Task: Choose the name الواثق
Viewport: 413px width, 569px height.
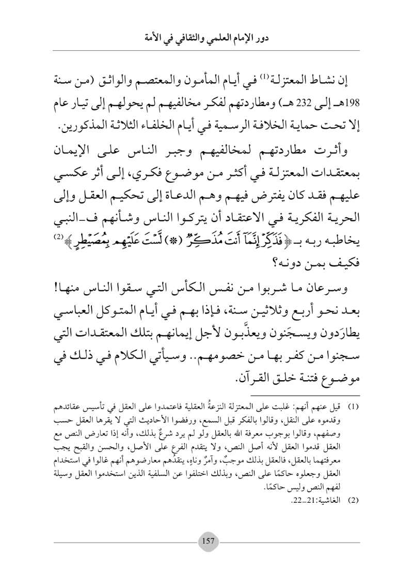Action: (x=129, y=83)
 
